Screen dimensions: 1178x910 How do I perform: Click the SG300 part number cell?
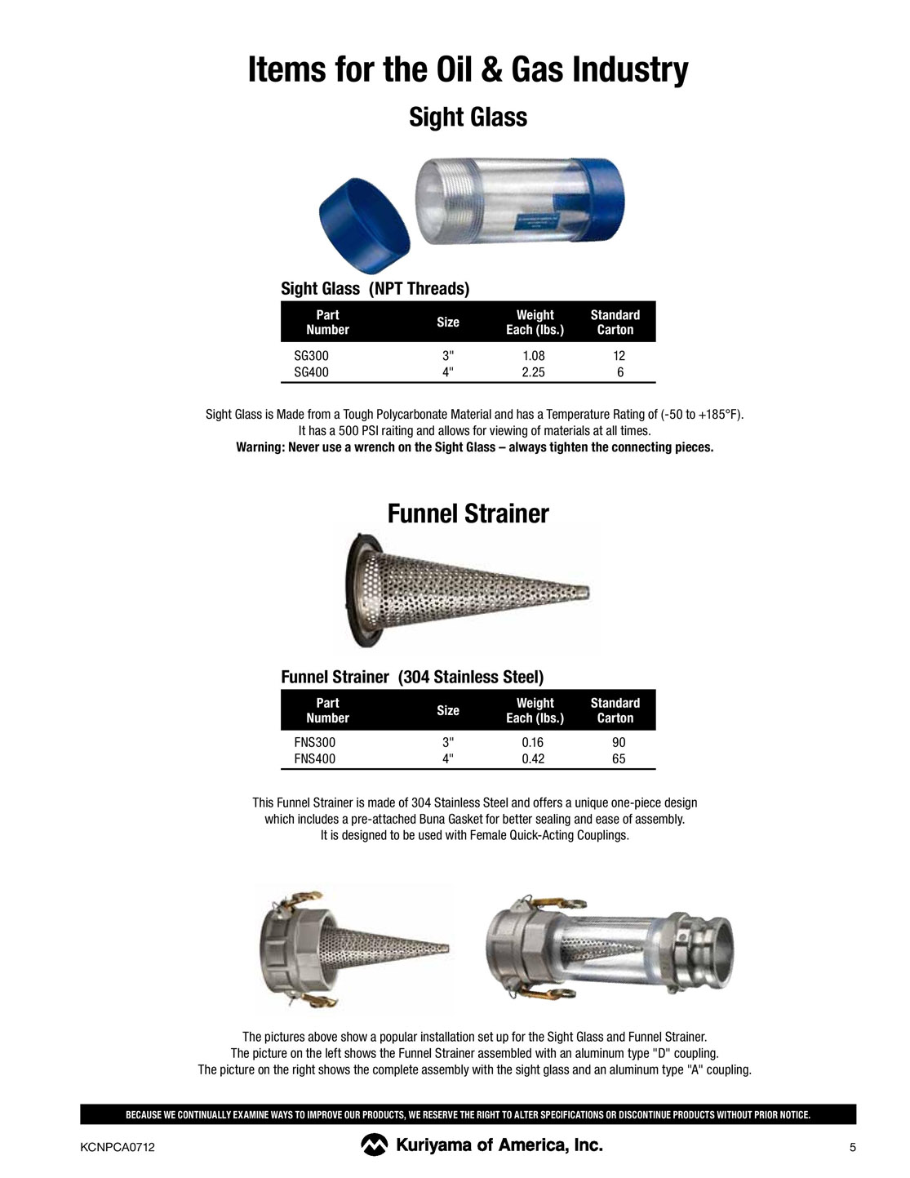coord(311,356)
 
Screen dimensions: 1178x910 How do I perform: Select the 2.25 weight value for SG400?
coord(533,372)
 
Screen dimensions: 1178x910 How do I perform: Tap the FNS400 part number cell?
coord(314,759)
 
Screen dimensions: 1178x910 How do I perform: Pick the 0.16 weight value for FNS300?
coord(533,743)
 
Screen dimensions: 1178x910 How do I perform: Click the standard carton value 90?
coord(619,743)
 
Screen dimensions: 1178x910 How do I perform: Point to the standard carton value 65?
coord(619,759)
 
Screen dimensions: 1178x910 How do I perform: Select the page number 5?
coord(853,1148)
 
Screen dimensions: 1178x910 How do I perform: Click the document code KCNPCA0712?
coord(118,1148)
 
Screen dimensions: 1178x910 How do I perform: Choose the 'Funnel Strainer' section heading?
coord(468,513)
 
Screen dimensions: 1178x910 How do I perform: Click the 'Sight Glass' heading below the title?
coord(468,117)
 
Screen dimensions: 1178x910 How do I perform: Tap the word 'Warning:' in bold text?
coord(260,447)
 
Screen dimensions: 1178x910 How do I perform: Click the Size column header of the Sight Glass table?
coord(448,322)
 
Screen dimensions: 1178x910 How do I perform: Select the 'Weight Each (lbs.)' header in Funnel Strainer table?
coord(535,710)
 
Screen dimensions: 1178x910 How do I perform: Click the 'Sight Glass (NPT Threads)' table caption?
coord(375,288)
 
